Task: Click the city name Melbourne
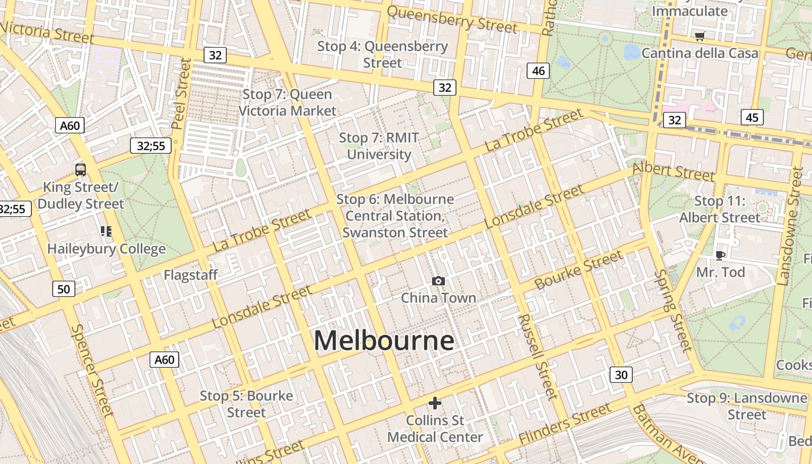tap(383, 340)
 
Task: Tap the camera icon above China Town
tap(438, 281)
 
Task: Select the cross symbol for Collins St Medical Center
tap(435, 403)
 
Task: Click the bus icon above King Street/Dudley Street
tap(81, 170)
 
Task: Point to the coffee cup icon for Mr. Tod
tap(720, 255)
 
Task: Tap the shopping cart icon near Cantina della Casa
tap(700, 37)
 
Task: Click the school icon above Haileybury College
tap(106, 231)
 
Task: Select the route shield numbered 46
tap(538, 71)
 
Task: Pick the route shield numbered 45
tap(752, 118)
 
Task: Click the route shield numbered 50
tap(64, 288)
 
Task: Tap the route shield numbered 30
tap(621, 375)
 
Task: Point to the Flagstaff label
tap(190, 275)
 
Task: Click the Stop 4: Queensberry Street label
tap(382, 54)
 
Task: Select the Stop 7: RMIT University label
tap(379, 146)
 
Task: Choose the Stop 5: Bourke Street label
tap(246, 404)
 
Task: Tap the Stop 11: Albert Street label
tap(719, 209)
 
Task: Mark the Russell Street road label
tap(537, 357)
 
